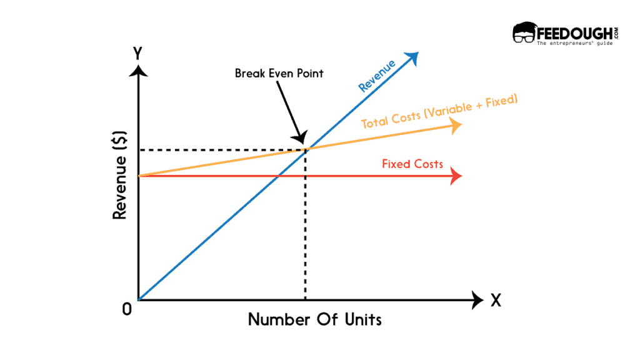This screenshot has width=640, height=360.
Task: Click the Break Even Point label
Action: [279, 74]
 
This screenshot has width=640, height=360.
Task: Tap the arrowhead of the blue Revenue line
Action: [413, 57]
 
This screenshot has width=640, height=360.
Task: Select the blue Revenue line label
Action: [377, 76]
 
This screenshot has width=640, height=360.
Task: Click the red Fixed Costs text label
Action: [412, 164]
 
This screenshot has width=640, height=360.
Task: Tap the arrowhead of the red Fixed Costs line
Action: [456, 176]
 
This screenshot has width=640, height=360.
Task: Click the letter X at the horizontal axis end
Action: [496, 300]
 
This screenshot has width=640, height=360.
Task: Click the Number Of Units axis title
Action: [314, 319]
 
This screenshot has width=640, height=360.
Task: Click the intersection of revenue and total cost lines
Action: [305, 149]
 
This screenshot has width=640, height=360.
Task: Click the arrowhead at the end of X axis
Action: [478, 300]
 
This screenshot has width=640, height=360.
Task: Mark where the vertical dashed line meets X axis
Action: [305, 300]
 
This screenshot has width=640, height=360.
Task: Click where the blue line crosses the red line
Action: [276, 176]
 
